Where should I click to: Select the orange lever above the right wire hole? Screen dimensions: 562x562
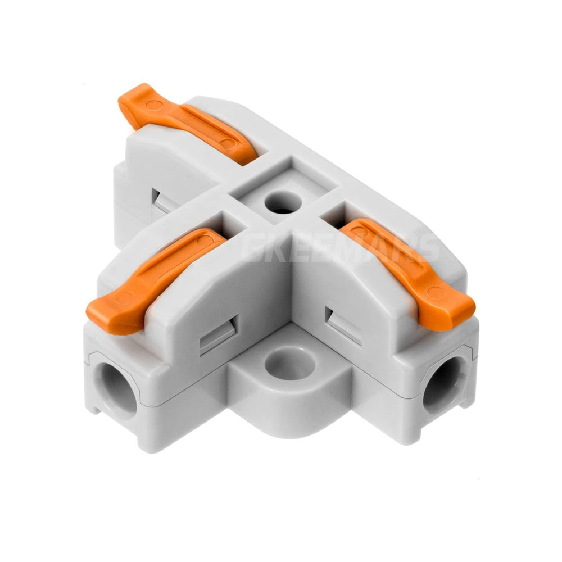(x=407, y=264)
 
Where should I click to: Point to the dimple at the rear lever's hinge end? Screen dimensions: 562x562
(x=227, y=144)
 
